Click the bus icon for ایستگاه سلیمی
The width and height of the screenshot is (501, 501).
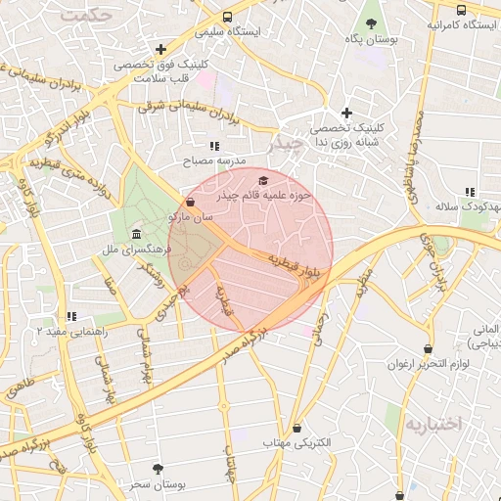pyautogui.click(x=227, y=17)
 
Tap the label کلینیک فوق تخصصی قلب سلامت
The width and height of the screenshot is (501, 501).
pyautogui.click(x=161, y=71)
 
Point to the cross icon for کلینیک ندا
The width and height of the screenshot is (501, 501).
pyautogui.click(x=345, y=114)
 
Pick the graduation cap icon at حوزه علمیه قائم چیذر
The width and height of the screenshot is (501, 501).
pyautogui.click(x=262, y=181)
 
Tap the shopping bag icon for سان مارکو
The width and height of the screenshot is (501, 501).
pyautogui.click(x=190, y=203)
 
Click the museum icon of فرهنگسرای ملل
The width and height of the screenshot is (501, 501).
pyautogui.click(x=134, y=235)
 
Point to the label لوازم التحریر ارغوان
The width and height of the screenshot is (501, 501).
pyautogui.click(x=428, y=364)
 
